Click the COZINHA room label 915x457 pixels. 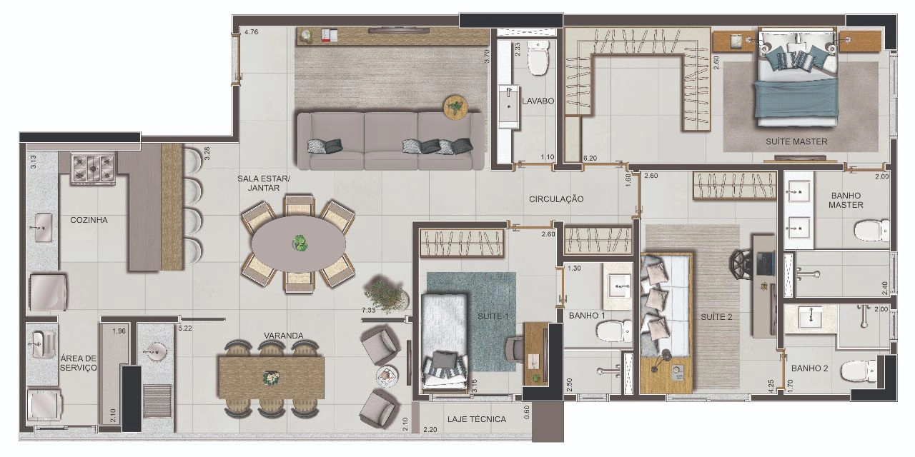coord(89,220)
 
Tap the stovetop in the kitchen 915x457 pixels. coord(93,168)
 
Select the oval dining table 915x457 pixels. coord(298,243)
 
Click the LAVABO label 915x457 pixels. coord(538,101)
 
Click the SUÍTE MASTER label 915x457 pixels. coord(796,141)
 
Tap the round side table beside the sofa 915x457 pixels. coord(455,107)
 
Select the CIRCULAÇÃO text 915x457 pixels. coord(556,199)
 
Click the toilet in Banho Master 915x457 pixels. coord(871,231)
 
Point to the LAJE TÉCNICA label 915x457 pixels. coord(476,419)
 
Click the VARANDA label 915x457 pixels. coord(284,336)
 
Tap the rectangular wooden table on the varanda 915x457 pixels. coord(272,378)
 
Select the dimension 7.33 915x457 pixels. coord(368,310)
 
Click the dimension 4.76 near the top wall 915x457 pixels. coord(251,32)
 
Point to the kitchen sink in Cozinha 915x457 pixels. coord(42,228)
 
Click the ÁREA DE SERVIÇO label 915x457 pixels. coord(79,363)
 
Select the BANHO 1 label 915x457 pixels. coord(587,316)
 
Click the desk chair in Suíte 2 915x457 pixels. coord(742,264)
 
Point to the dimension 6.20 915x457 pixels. coord(590,159)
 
